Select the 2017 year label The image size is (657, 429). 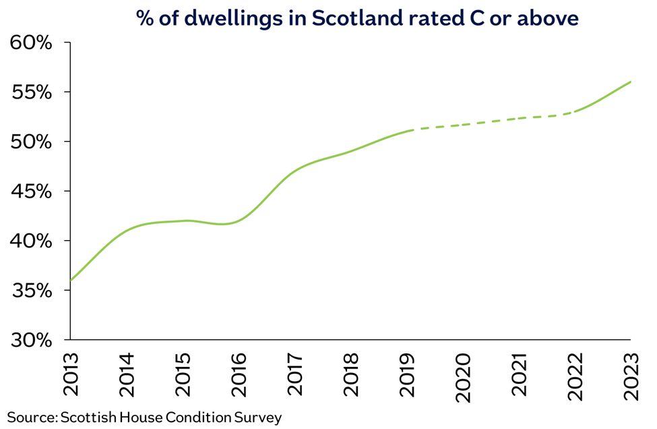tap(295, 374)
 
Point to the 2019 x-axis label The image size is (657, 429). tap(407, 374)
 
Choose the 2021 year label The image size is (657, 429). tap(519, 374)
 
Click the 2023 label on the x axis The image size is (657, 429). tap(631, 374)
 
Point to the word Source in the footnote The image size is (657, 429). tap(31, 417)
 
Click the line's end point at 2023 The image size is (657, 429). tap(631, 82)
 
